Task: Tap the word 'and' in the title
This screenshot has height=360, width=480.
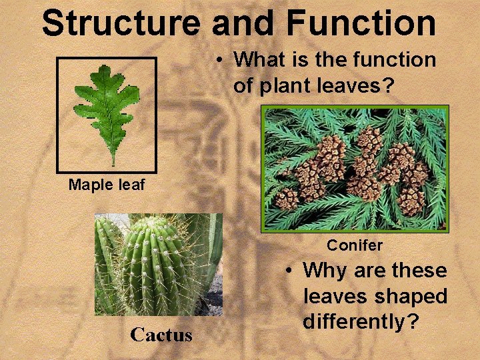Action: (x=243, y=23)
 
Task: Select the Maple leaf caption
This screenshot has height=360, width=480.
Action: (x=106, y=185)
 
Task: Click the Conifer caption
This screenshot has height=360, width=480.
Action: (x=355, y=245)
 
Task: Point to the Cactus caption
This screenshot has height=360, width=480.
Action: (x=161, y=334)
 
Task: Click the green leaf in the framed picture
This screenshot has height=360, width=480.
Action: (x=107, y=107)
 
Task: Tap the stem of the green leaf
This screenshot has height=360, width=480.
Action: (x=113, y=158)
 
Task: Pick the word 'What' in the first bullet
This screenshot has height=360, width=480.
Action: (x=257, y=60)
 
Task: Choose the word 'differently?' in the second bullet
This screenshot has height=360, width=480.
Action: (x=361, y=321)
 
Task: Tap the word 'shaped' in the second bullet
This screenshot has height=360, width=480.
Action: (x=412, y=296)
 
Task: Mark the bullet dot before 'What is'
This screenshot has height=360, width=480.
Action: (x=219, y=61)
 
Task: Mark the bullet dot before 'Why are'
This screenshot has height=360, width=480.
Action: (x=288, y=271)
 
